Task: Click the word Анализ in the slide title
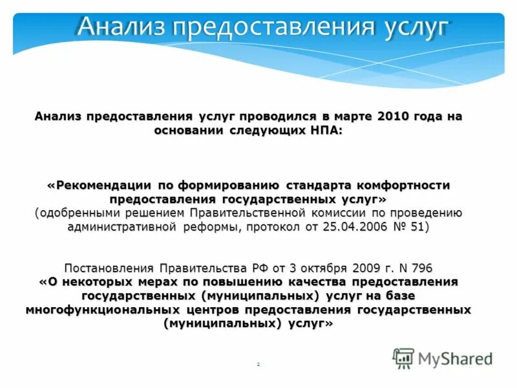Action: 117,27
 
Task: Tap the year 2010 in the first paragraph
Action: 393,116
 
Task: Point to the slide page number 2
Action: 258,365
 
